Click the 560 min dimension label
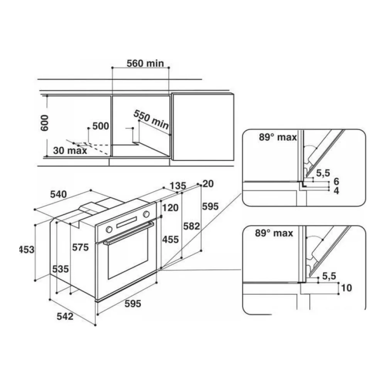(145, 64)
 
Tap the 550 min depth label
(151, 120)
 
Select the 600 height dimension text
(45, 123)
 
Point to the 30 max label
(70, 151)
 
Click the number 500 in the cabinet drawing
(101, 126)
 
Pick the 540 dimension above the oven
(58, 195)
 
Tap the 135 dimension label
(178, 186)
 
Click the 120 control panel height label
(170, 208)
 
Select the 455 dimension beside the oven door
(170, 240)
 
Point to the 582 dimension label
(191, 226)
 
